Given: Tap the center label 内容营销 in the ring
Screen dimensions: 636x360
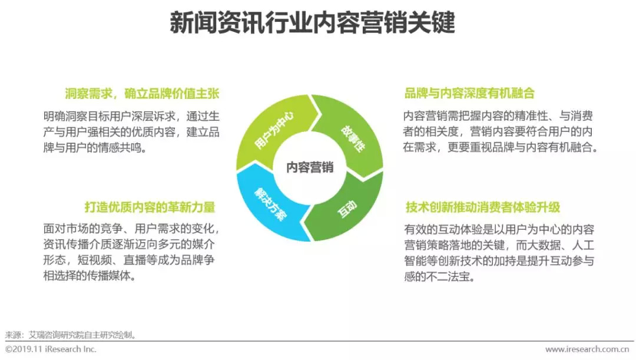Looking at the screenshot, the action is coord(310,168).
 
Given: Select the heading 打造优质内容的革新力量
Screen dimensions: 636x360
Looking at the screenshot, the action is coord(150,207).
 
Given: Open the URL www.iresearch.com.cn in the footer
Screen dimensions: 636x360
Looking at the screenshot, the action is coord(589,349).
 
